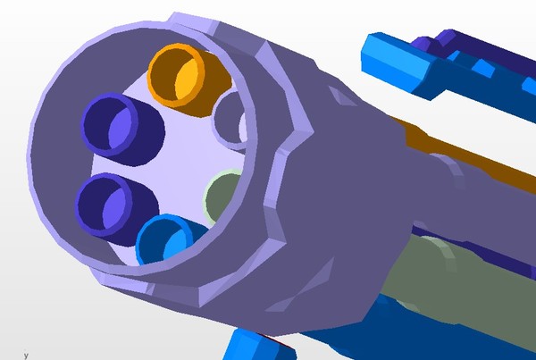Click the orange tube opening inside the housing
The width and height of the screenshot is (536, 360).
[x=176, y=74]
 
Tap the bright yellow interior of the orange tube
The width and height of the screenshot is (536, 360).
[x=187, y=80]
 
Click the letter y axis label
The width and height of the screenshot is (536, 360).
[x=26, y=356]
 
